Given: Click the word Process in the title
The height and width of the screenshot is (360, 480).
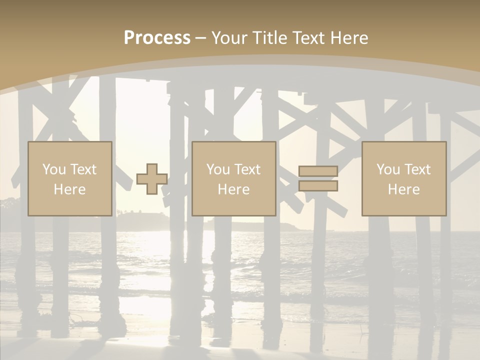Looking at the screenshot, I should click(x=157, y=38).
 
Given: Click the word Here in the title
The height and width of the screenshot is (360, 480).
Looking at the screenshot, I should click(x=350, y=38).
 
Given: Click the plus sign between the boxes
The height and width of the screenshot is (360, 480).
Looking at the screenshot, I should click(x=152, y=179).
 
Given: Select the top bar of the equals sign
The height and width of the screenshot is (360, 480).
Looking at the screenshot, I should click(x=318, y=171).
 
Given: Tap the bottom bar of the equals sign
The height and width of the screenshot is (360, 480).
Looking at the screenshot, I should click(x=318, y=186).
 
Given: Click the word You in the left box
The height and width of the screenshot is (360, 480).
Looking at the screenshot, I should click(x=54, y=169).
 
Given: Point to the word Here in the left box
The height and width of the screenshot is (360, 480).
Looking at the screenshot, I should click(x=69, y=189).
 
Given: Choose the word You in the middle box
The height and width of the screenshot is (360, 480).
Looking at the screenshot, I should click(x=218, y=169).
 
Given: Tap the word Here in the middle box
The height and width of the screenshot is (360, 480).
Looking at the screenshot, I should click(x=233, y=189).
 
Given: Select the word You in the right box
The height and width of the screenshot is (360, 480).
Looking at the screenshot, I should click(x=388, y=169).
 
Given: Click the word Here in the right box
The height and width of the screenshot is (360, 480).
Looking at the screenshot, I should click(x=403, y=189).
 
